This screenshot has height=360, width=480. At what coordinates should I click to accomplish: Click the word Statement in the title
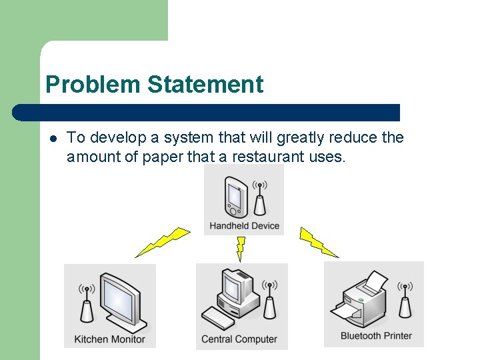tap(205, 85)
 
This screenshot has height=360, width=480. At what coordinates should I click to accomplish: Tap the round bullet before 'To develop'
tap(53, 139)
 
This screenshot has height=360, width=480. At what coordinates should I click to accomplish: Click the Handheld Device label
tap(244, 226)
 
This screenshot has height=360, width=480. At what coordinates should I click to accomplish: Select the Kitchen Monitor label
tap(109, 339)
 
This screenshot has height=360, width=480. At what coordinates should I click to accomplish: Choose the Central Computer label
tap(239, 339)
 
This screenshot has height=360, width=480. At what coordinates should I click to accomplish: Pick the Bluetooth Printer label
tap(376, 335)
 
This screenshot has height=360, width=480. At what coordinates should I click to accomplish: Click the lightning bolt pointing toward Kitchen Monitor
tap(163, 242)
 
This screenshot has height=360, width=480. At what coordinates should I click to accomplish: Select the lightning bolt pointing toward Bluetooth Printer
tap(319, 242)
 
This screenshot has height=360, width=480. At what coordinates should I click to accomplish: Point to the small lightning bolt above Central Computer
tap(241, 248)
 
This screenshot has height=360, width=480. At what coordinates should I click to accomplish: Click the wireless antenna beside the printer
tap(404, 301)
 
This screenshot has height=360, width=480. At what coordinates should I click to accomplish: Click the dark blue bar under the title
tap(207, 112)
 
